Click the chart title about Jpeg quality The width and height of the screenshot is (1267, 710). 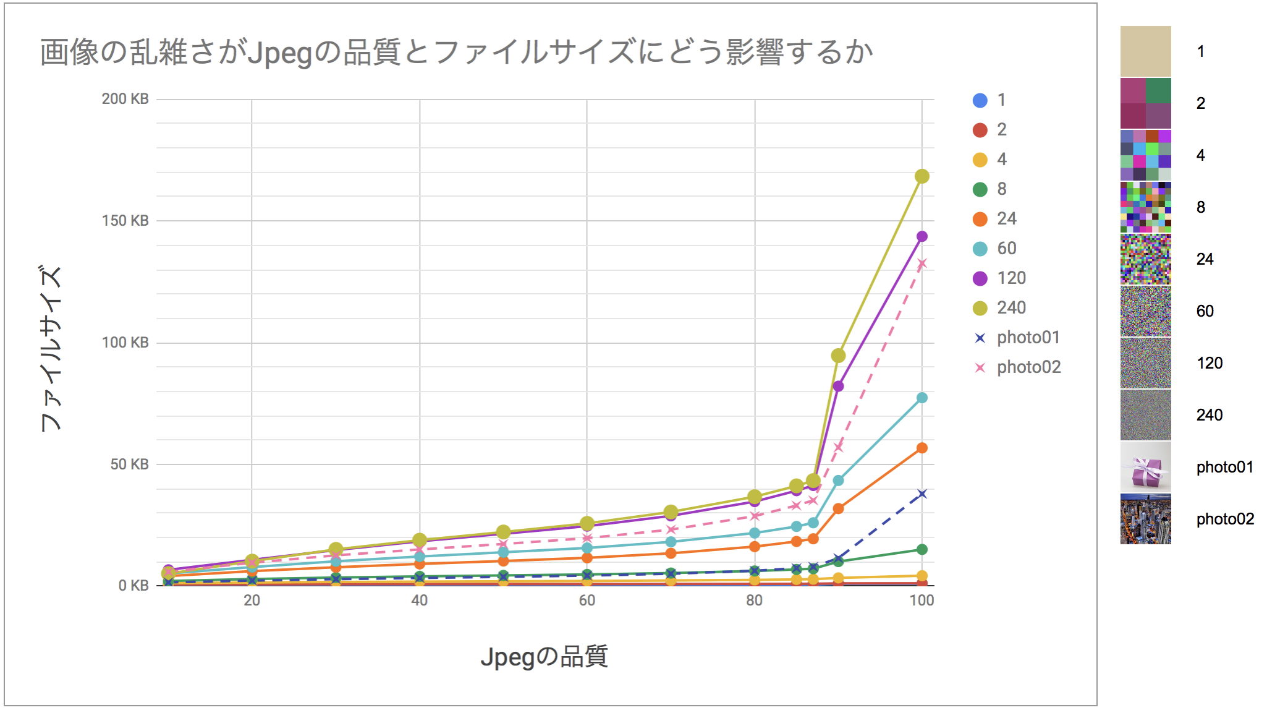click(456, 52)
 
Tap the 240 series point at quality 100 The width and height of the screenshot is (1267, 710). click(922, 176)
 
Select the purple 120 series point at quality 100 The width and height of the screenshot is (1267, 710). click(922, 236)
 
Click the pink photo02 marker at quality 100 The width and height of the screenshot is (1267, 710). click(922, 264)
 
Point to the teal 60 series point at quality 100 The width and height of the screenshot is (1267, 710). click(922, 398)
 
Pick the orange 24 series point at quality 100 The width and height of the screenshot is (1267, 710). click(922, 448)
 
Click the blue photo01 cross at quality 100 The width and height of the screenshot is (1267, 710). click(922, 494)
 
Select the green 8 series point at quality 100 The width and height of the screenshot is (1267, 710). click(922, 549)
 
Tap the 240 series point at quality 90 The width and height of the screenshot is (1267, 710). click(838, 356)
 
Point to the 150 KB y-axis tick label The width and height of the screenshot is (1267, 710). click(125, 221)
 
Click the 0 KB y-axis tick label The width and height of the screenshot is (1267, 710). click(133, 586)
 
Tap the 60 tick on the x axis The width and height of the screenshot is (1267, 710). click(587, 600)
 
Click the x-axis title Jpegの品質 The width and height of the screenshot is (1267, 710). click(544, 657)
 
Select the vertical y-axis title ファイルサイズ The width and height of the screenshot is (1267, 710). click(51, 348)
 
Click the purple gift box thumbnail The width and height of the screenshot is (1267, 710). click(1145, 467)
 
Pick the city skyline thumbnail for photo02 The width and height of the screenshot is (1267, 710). click(1145, 519)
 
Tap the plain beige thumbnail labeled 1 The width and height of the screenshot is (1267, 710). click(1145, 51)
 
